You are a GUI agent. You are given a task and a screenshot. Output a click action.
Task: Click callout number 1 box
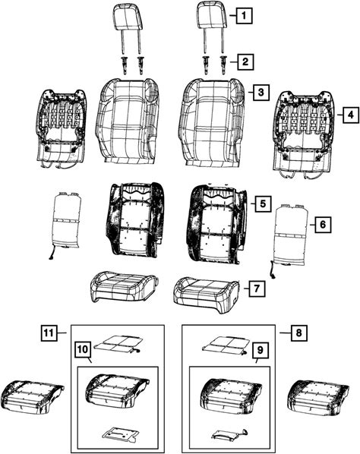tap(244, 16)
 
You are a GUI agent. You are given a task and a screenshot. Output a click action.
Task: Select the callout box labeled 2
tap(245, 61)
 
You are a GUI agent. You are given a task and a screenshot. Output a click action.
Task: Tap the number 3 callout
tap(261, 93)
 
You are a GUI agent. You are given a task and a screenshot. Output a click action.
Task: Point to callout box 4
tap(351, 115)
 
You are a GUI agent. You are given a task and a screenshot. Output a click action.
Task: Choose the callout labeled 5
tap(263, 203)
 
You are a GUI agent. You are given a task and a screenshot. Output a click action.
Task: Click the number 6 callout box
tap(323, 224)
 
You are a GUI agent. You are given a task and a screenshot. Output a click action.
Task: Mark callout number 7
tap(257, 288)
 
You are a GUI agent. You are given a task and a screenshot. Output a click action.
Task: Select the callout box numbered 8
tap(298, 333)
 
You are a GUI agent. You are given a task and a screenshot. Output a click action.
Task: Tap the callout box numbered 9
tap(261, 350)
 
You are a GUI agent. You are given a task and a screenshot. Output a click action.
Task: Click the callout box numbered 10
tap(83, 349)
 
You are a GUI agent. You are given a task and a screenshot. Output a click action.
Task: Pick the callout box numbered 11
tap(49, 333)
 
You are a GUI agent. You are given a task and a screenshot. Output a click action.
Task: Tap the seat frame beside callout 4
tap(305, 134)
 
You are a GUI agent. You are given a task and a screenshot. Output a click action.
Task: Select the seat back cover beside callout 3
tap(212, 123)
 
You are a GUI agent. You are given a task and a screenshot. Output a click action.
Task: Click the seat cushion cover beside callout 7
tap(207, 295)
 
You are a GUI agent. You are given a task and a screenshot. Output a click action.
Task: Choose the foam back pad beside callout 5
tap(216, 223)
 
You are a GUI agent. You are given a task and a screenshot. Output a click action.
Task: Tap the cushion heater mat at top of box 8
tap(226, 345)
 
